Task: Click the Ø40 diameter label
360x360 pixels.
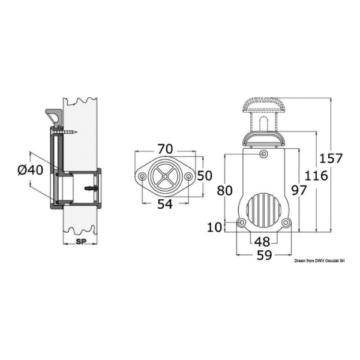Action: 31,170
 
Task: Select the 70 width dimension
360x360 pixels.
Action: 166,149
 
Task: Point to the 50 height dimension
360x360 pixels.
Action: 205,176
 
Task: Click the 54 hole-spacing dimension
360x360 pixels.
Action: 165,204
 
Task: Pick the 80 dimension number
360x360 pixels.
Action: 225,190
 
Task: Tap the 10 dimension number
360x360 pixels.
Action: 215,227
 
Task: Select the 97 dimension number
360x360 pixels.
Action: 299,190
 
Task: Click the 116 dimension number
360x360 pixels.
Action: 316,176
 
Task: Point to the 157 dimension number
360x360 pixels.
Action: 331,158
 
